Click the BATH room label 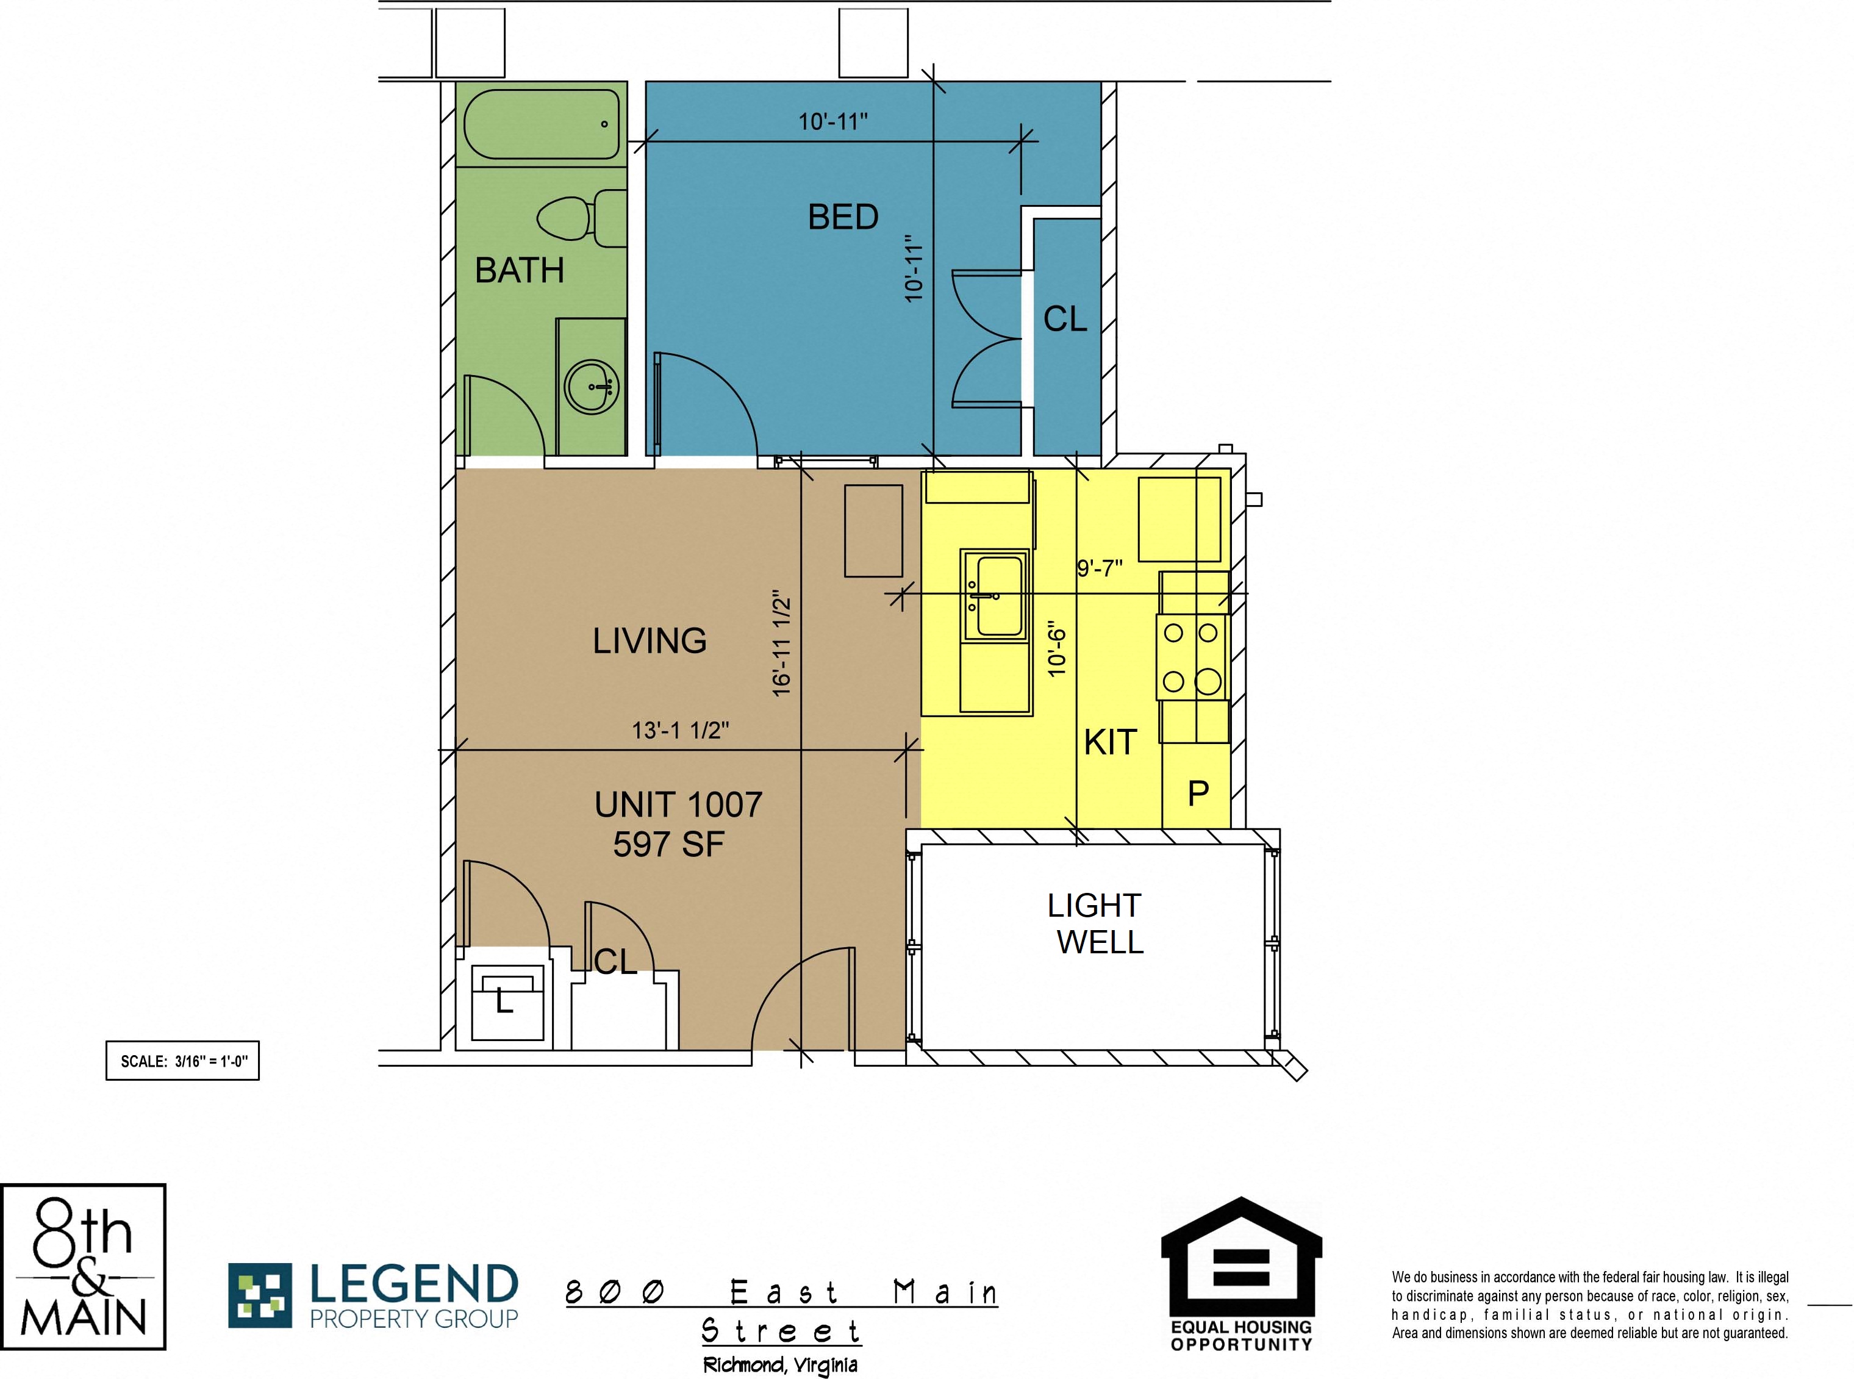pyautogui.click(x=519, y=270)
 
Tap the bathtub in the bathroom pyautogui.click(x=542, y=124)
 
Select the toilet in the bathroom pyautogui.click(x=582, y=219)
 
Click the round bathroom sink pyautogui.click(x=592, y=387)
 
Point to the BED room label pyautogui.click(x=843, y=217)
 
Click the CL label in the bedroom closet pyautogui.click(x=1065, y=319)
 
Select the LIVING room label pyautogui.click(x=650, y=641)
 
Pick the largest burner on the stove pyautogui.click(x=1208, y=682)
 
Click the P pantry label pyautogui.click(x=1198, y=793)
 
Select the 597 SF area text pyautogui.click(x=668, y=845)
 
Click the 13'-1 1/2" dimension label pyautogui.click(x=681, y=731)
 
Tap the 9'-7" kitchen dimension pyautogui.click(x=1100, y=568)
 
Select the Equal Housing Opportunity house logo pyautogui.click(x=1241, y=1275)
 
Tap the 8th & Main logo pyautogui.click(x=83, y=1266)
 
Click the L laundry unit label pyautogui.click(x=504, y=1001)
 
